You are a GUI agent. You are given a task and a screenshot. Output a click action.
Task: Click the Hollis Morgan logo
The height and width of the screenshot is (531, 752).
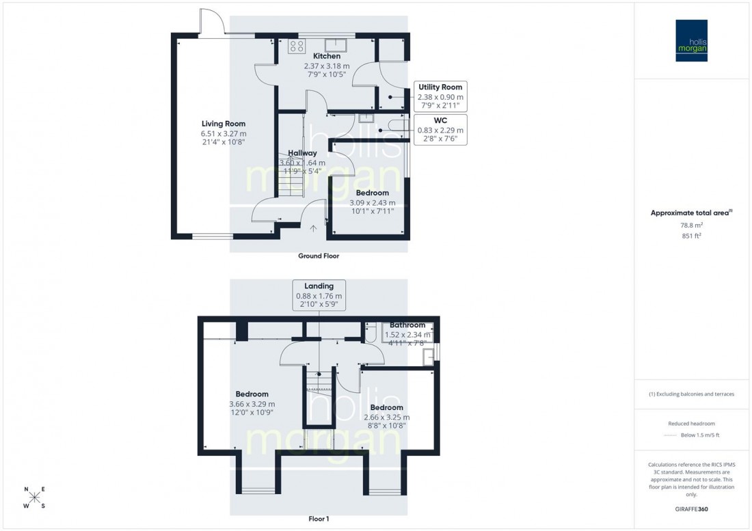692,41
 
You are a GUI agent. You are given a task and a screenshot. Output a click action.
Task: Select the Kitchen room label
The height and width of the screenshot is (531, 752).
327,56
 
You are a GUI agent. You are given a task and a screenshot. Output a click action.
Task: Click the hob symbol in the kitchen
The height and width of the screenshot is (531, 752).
297,46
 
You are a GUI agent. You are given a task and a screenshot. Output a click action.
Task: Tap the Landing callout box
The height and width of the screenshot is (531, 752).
319,295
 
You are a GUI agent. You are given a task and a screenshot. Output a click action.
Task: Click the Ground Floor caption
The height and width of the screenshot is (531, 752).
319,256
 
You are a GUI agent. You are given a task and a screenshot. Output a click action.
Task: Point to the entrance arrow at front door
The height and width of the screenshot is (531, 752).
314,230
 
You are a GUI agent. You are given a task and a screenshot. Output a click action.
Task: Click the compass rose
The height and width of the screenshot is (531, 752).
35,498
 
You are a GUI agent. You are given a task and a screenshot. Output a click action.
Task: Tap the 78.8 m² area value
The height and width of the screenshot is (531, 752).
691,225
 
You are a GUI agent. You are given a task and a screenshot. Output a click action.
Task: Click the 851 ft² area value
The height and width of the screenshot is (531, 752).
691,236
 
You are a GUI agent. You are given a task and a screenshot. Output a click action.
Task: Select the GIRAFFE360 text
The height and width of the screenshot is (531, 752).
691,510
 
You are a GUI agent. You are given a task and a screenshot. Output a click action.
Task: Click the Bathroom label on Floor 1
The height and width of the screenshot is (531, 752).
407,325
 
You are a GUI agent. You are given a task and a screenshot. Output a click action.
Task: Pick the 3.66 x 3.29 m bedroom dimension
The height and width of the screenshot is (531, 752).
252,404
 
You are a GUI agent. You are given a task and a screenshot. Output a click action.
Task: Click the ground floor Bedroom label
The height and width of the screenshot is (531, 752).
372,193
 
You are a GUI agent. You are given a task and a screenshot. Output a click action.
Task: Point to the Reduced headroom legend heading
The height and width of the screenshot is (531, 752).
691,424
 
